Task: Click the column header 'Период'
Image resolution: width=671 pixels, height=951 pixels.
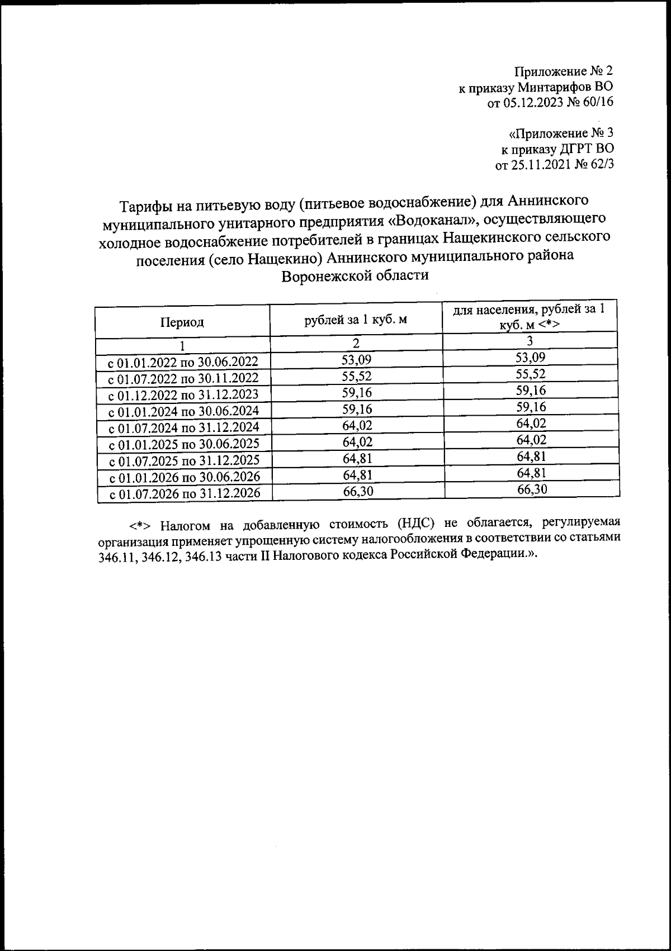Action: click(x=182, y=322)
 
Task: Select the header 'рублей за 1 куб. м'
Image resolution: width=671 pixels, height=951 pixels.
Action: click(x=355, y=320)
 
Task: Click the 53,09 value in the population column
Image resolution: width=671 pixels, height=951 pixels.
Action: click(x=531, y=358)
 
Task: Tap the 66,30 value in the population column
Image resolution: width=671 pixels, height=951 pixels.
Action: click(x=532, y=489)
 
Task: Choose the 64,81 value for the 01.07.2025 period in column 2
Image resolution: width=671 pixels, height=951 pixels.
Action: click(x=357, y=459)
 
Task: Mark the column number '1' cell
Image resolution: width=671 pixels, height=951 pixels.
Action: click(x=182, y=345)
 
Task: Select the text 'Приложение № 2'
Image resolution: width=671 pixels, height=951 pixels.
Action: click(x=564, y=72)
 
